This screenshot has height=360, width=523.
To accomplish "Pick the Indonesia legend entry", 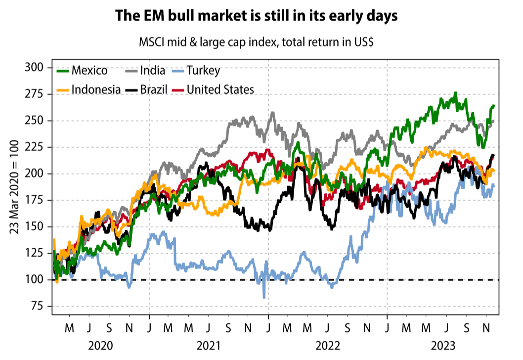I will click(96, 90).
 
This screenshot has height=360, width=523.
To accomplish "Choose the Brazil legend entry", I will click(153, 90).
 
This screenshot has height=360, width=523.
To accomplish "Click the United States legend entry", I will click(220, 90).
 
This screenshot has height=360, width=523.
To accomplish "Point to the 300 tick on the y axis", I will click(35, 67).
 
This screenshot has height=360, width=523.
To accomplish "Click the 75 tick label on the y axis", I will click(38, 306).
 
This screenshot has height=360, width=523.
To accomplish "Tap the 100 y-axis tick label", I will click(35, 280).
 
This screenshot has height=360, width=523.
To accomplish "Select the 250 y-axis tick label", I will click(35, 121).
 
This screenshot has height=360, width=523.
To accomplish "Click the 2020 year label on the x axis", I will click(100, 345).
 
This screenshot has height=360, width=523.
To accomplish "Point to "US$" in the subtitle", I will click(363, 43).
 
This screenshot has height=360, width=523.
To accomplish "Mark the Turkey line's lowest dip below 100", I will click(264, 297).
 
